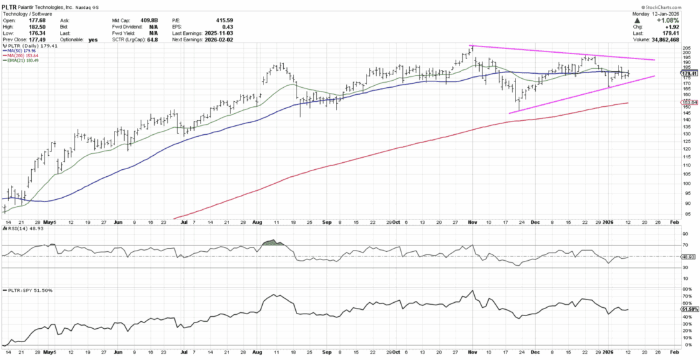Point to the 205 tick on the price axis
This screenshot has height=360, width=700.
(x=687, y=48)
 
